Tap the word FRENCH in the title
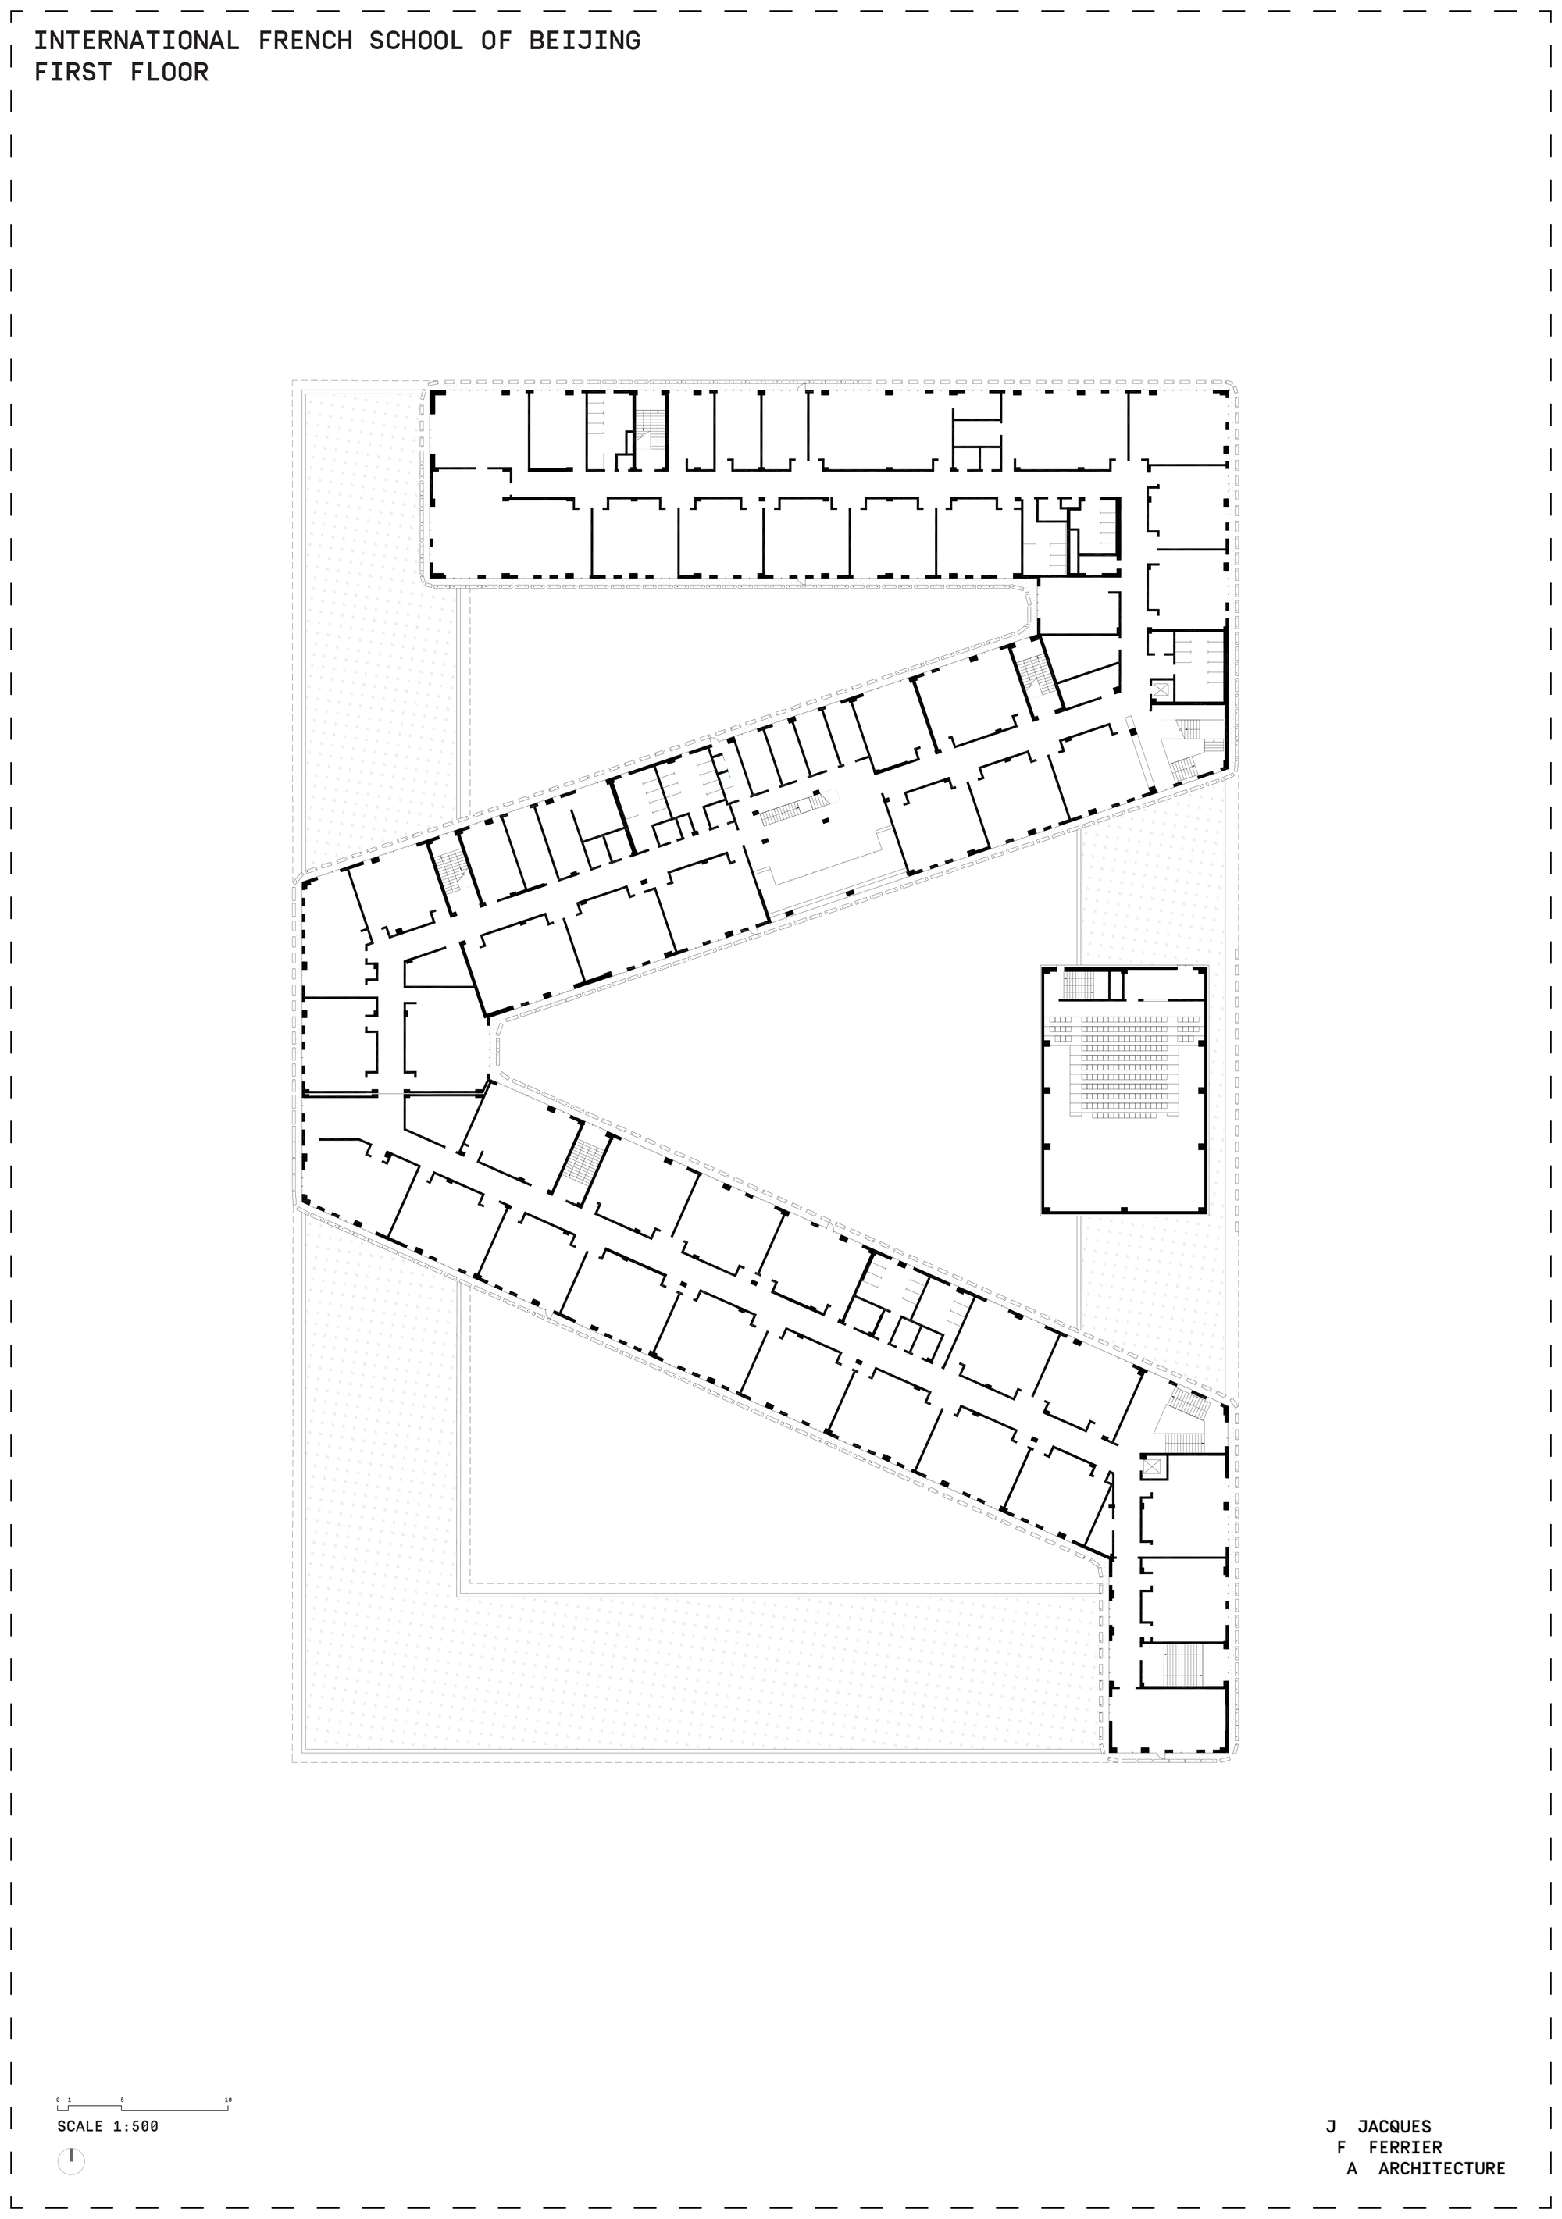tap(305, 41)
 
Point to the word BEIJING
tap(585, 41)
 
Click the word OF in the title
tap(496, 41)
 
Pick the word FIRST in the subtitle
tap(73, 73)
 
